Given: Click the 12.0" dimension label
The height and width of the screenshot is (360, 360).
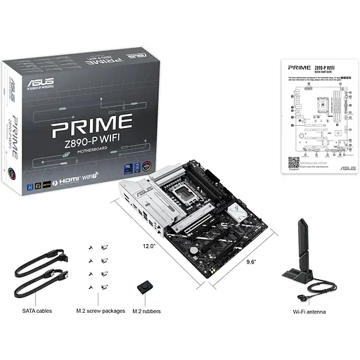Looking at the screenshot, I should click(148, 246).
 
